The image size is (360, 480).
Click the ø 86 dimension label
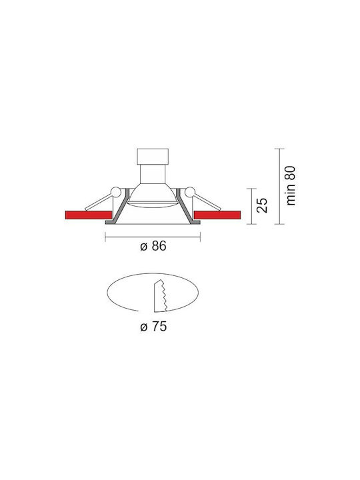pos(153,246)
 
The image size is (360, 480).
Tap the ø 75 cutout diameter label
pos(153,327)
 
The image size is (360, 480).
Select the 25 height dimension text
pos(263,205)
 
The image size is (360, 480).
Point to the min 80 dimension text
pos(291,185)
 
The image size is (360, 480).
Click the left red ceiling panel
pos(89,215)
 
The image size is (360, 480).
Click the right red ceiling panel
pos(217,215)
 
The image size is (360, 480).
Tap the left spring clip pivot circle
pos(116,192)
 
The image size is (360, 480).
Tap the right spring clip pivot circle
pos(190,192)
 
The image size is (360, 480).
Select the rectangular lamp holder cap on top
pos(153,157)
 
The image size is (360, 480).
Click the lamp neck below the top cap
pos(153,174)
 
